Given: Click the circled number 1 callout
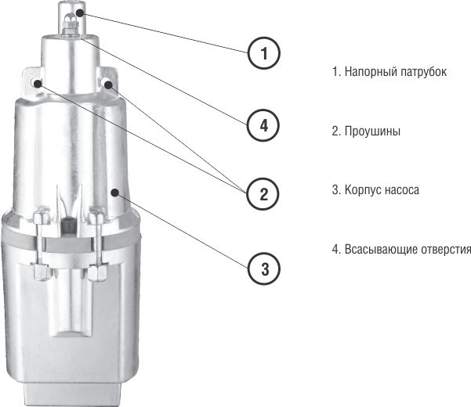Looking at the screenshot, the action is (264, 53).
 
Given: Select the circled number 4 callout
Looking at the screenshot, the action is (263, 125).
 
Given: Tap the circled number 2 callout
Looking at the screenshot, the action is (263, 194).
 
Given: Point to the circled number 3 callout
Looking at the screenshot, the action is (264, 268).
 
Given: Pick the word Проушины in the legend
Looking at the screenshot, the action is (372, 131).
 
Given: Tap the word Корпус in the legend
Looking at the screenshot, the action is (363, 190).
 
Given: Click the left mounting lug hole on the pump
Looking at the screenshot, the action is (37, 83).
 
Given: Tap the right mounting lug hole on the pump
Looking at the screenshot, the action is (107, 84).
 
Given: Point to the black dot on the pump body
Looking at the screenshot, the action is (114, 193).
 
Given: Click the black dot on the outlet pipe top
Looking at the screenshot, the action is (80, 13).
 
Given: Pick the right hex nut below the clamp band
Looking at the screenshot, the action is (96, 272).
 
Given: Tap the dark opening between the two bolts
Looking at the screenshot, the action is (68, 225).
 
